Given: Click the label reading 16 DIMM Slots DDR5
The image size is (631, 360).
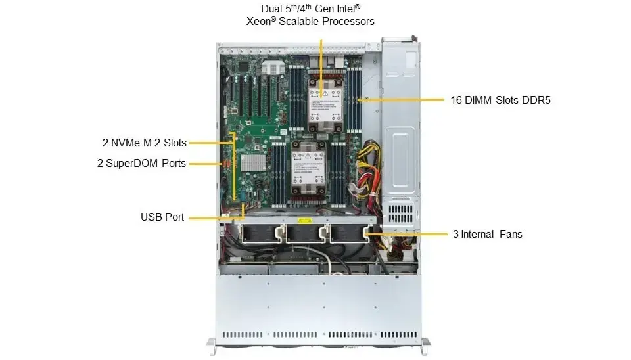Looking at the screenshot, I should pyautogui.click(x=500, y=101).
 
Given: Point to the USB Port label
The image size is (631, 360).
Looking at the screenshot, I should pyautogui.click(x=162, y=217).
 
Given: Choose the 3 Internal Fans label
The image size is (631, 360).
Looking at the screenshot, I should pyautogui.click(x=487, y=233).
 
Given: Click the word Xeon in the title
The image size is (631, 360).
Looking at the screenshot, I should pyautogui.click(x=260, y=21).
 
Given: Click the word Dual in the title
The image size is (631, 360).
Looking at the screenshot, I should pyautogui.click(x=273, y=8).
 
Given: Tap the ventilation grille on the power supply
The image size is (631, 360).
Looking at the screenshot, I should pyautogui.click(x=400, y=214).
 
